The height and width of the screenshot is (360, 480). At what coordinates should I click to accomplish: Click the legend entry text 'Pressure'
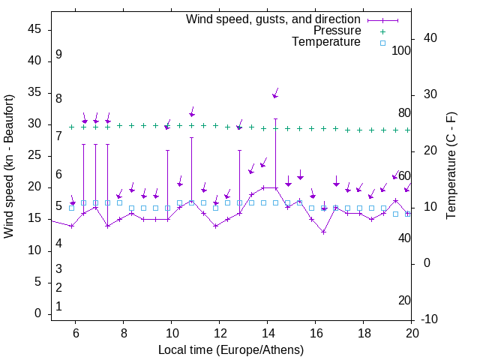click(337, 31)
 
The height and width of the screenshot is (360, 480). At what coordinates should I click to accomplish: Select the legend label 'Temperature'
click(326, 42)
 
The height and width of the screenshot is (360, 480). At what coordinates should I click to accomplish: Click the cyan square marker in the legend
click(382, 43)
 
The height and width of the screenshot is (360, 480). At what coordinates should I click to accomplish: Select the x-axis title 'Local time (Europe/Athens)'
click(231, 350)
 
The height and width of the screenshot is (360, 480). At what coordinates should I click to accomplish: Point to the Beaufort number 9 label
click(58, 55)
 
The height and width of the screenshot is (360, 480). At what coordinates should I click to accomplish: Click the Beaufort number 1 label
click(58, 307)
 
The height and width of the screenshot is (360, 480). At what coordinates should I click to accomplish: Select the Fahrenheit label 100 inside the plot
click(401, 51)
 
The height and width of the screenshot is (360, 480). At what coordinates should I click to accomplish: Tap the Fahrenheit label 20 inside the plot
click(404, 301)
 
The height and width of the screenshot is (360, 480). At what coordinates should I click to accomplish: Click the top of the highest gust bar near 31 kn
click(275, 118)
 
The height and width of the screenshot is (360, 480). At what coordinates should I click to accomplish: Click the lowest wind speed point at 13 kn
click(323, 232)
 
